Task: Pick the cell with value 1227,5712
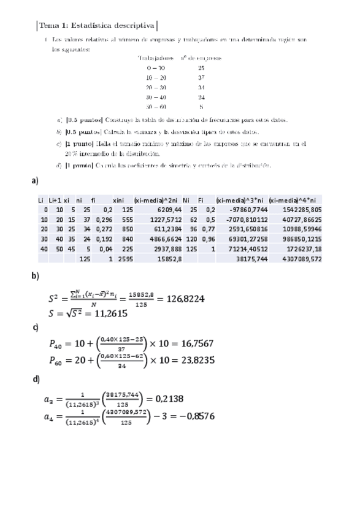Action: tap(162, 220)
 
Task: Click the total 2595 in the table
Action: tap(125, 259)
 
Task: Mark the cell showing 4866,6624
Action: tap(162, 240)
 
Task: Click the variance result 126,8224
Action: tap(181, 299)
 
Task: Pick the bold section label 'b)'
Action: tap(36, 275)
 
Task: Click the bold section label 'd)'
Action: tap(36, 378)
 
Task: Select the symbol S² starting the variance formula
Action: tap(54, 299)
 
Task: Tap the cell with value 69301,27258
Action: tap(245, 240)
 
